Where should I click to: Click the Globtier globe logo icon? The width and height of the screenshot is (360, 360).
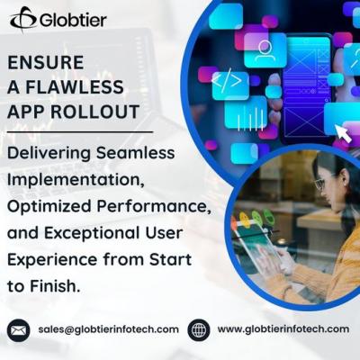pos(22,18)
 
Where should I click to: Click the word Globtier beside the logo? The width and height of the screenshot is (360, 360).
pos(72,19)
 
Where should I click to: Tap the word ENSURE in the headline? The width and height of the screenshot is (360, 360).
pos(46,63)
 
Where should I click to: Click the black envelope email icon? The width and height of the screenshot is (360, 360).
pos(18,329)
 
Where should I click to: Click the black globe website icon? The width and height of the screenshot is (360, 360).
pos(198,329)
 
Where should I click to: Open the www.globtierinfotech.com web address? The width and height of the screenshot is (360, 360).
pos(283,329)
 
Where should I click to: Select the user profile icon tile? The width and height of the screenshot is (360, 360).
pos(265,49)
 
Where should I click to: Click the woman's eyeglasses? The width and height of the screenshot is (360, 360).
pos(319,184)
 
